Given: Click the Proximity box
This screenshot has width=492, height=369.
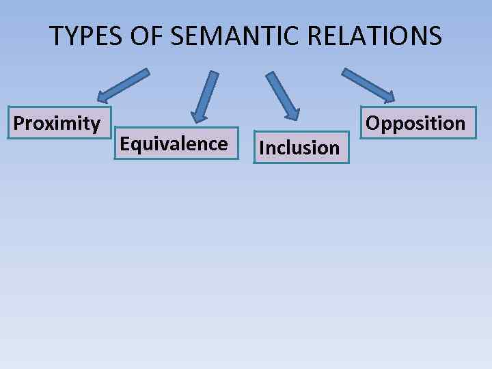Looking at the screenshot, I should coord(57,123).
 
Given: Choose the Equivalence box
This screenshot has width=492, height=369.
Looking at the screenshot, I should coord(175,143).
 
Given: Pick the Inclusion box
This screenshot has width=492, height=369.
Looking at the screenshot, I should coord(301,148).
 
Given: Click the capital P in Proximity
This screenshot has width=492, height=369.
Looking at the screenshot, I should coord(19,123).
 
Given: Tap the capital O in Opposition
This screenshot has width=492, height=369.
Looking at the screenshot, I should coord(373,123).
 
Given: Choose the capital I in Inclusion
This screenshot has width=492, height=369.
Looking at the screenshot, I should coord(262,148).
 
